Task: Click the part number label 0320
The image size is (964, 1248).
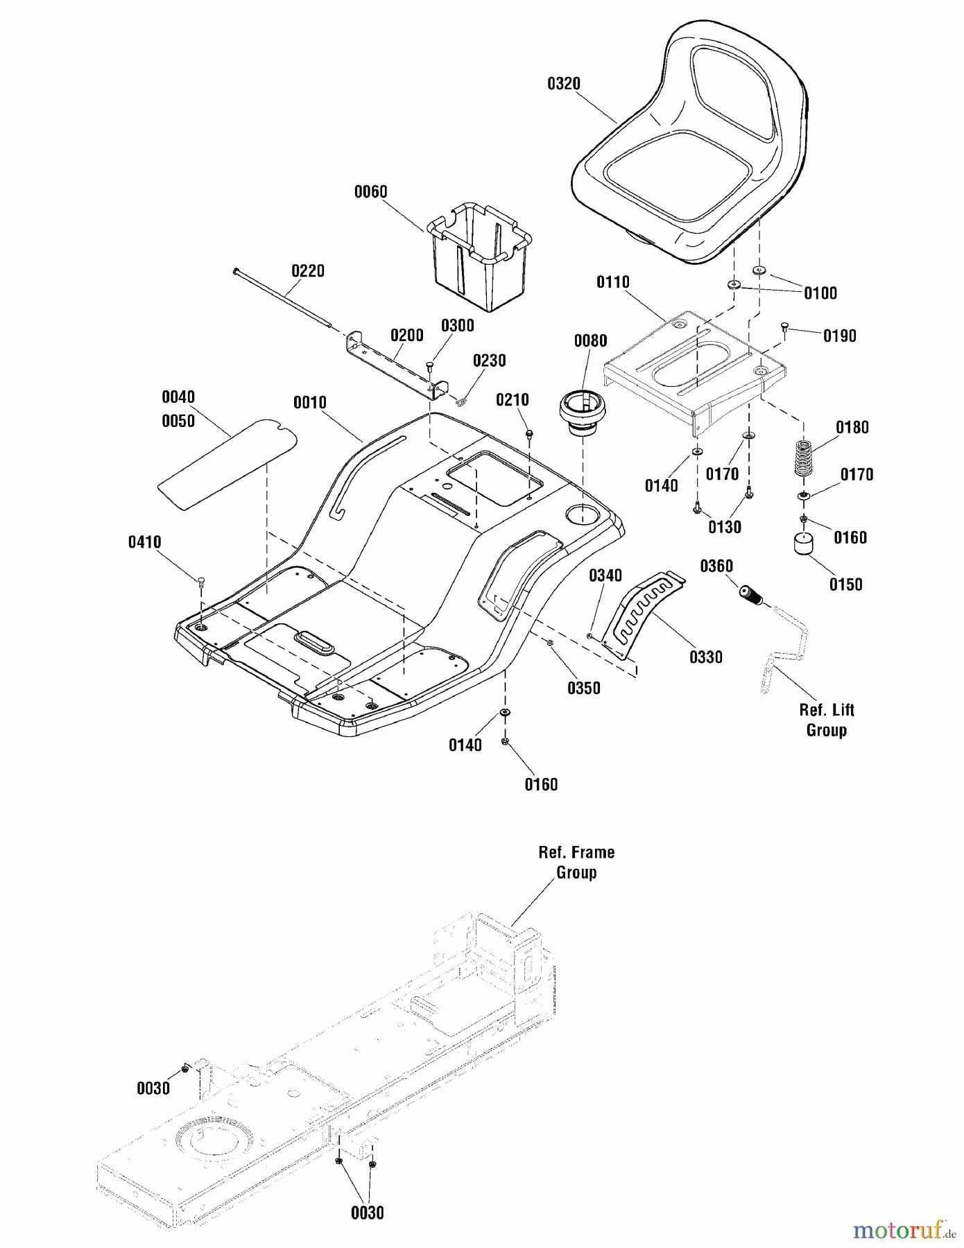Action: pos(564,84)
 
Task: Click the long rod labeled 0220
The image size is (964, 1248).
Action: pos(284,298)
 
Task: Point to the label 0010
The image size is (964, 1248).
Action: pos(309,403)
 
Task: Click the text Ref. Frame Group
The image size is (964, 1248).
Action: pos(576,863)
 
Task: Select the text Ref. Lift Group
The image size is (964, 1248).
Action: pos(827,720)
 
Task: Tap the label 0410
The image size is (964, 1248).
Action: pos(144,542)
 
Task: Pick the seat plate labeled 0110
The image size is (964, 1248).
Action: pos(694,367)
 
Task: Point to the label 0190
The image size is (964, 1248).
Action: pos(840,336)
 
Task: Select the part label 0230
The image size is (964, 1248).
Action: pos(490,361)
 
